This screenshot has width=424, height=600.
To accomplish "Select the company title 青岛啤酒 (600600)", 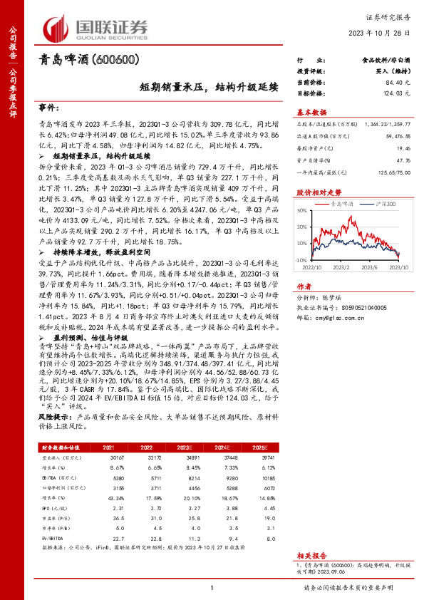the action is (88, 61).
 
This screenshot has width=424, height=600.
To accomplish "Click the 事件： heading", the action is (49, 107).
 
